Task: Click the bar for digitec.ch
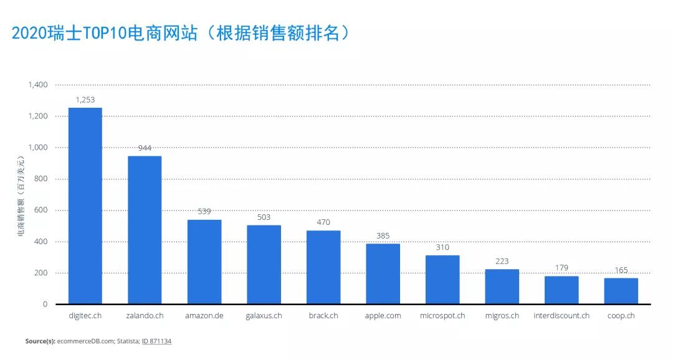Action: [85, 206]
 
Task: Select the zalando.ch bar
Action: [145, 230]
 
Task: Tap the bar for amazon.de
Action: [204, 262]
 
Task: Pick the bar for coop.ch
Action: [621, 291]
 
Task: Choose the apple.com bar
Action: [383, 273]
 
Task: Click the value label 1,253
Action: [85, 100]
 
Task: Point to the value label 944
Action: [145, 148]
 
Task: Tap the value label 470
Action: [323, 222]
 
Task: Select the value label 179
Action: [561, 268]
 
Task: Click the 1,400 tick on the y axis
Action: [38, 85]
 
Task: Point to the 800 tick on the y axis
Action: [41, 179]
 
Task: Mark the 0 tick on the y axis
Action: [45, 304]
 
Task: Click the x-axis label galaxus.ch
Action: [264, 316]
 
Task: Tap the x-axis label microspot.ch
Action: [442, 316]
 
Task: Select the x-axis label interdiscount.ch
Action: [561, 316]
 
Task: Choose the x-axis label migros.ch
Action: [502, 316]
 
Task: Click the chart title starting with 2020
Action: [181, 32]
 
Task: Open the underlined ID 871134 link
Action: [156, 341]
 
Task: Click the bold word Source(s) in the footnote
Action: [40, 341]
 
